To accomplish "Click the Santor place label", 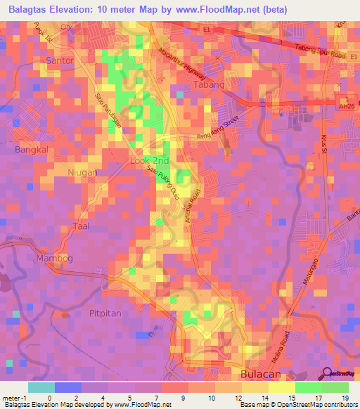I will tap(59, 60).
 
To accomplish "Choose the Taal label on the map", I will tap(82, 226).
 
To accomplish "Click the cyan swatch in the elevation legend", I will tap(41, 387).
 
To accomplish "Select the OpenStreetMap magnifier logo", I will tap(327, 373).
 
